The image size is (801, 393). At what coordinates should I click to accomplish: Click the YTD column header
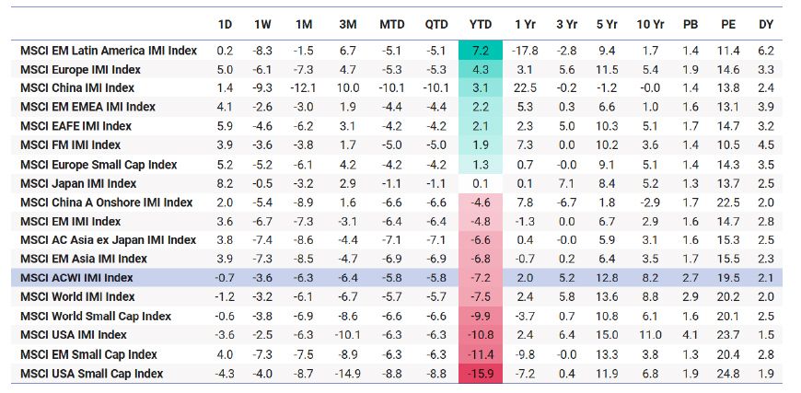pos(481,23)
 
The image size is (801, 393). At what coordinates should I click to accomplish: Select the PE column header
pos(727,23)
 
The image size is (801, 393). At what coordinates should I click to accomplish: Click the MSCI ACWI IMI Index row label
pos(76,278)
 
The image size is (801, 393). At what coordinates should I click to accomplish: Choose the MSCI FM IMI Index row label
pos(70,144)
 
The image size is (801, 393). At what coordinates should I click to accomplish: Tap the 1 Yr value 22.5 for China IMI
pos(525,87)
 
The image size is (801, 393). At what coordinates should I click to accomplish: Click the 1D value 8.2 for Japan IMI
pos(226,183)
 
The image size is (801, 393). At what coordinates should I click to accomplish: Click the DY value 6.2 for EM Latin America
pos(766,50)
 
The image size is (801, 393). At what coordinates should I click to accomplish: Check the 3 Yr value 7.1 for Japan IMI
pos(566,183)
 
